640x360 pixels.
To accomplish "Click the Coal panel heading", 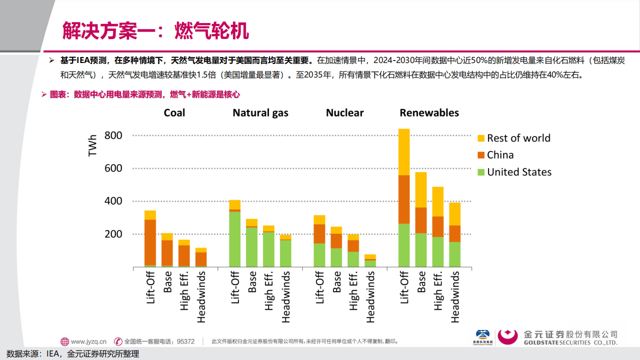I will tap(174, 112).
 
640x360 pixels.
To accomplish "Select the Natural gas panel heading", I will tap(260, 112).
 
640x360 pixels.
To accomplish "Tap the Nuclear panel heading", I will tap(344, 112).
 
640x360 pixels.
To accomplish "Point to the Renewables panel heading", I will tap(429, 112).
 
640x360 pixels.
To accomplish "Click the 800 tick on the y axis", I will tap(113, 135).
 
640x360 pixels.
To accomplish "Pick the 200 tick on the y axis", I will tap(113, 234).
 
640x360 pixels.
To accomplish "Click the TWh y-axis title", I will tap(92, 145).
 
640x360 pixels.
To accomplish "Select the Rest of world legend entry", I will tap(518, 138).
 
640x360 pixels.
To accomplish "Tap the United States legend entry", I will tap(519, 172).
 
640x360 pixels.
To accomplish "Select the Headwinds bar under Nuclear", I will tap(370, 260).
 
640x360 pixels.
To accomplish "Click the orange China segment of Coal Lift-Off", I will tap(150, 242).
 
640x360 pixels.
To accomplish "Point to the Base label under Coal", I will tap(167, 282).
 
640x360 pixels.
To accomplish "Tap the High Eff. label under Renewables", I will tap(438, 291).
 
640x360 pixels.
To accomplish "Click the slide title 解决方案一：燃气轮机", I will tap(155, 31).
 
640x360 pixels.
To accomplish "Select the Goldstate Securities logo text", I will tap(570, 338).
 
